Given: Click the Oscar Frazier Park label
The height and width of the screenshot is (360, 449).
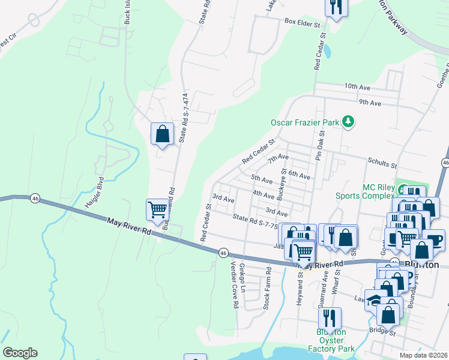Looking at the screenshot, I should [x=304, y=122].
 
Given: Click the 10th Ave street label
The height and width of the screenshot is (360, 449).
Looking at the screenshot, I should [x=358, y=86].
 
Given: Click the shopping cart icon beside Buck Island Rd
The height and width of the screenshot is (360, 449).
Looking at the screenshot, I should [x=157, y=210].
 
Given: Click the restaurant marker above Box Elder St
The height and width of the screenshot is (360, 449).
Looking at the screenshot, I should [x=336, y=7].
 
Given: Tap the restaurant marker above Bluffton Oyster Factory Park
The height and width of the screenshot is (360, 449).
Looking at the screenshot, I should [x=330, y=317].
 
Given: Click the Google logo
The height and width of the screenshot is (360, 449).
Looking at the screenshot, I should [x=20, y=353].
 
